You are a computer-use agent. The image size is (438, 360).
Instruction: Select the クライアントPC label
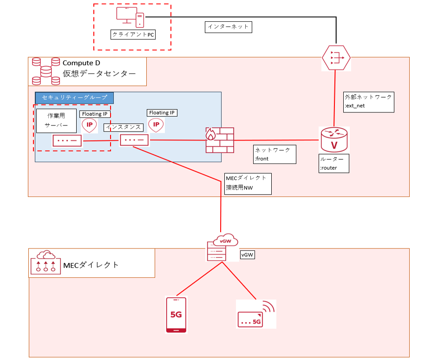point(133,34)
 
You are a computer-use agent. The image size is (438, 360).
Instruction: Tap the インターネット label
point(228,27)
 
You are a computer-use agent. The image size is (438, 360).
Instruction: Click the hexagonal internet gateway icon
point(336,58)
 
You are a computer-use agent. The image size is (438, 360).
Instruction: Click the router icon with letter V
point(333,139)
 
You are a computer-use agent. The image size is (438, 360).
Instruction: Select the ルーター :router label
point(334,164)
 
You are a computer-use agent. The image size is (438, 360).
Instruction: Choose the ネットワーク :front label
point(275,154)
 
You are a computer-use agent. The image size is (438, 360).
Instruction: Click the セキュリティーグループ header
point(74,98)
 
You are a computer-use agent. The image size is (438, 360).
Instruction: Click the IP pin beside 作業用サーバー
point(89,125)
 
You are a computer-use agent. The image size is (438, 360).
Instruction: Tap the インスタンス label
point(123,127)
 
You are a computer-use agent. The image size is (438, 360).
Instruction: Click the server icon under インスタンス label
point(134,140)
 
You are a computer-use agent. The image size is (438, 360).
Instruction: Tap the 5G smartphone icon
point(177,315)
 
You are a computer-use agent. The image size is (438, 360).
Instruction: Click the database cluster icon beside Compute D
point(46,71)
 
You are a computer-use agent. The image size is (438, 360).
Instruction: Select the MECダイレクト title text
point(91,265)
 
